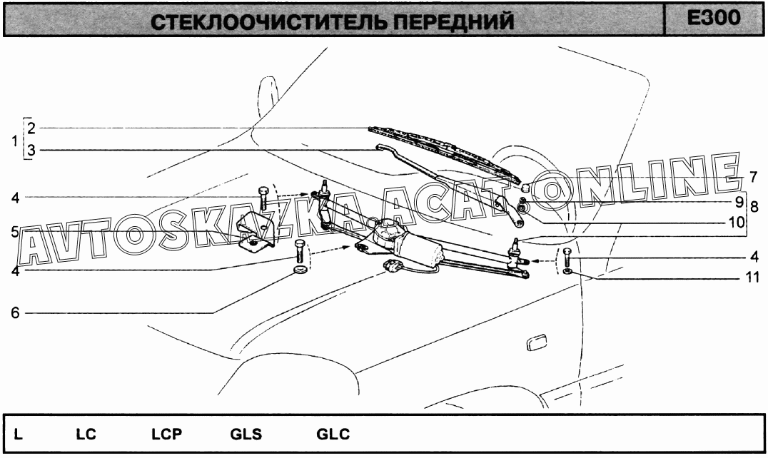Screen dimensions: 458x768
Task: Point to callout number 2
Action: point(31,128)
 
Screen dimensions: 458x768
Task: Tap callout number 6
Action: point(15,312)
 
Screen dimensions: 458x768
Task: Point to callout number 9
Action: point(739,202)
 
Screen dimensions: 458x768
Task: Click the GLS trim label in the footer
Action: point(246,434)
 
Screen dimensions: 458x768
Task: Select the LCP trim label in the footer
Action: point(166,434)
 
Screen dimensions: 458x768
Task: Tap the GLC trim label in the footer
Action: point(333,434)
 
